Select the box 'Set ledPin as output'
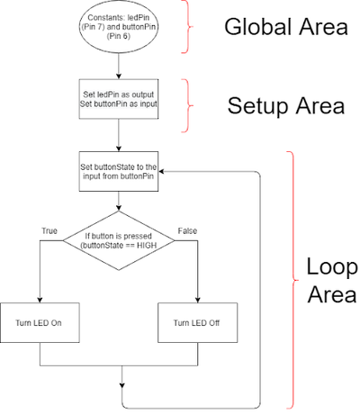[x=119, y=99]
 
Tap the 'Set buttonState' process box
[x=119, y=171]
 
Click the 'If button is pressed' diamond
[x=119, y=240]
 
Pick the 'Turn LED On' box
[x=40, y=323]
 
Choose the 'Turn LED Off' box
[x=198, y=323]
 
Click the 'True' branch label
[x=49, y=231]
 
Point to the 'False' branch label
[x=187, y=231]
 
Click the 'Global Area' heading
[x=286, y=27]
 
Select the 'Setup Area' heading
[x=286, y=105]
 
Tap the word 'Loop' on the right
[x=332, y=268]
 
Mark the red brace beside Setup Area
[x=188, y=105]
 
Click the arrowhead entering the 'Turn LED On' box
[x=40, y=300]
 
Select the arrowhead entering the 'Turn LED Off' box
[x=198, y=300]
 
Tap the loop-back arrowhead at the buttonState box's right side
[x=161, y=172]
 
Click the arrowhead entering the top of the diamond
[x=119, y=208]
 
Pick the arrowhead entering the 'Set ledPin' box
[x=119, y=76]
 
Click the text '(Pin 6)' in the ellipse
[x=119, y=36]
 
